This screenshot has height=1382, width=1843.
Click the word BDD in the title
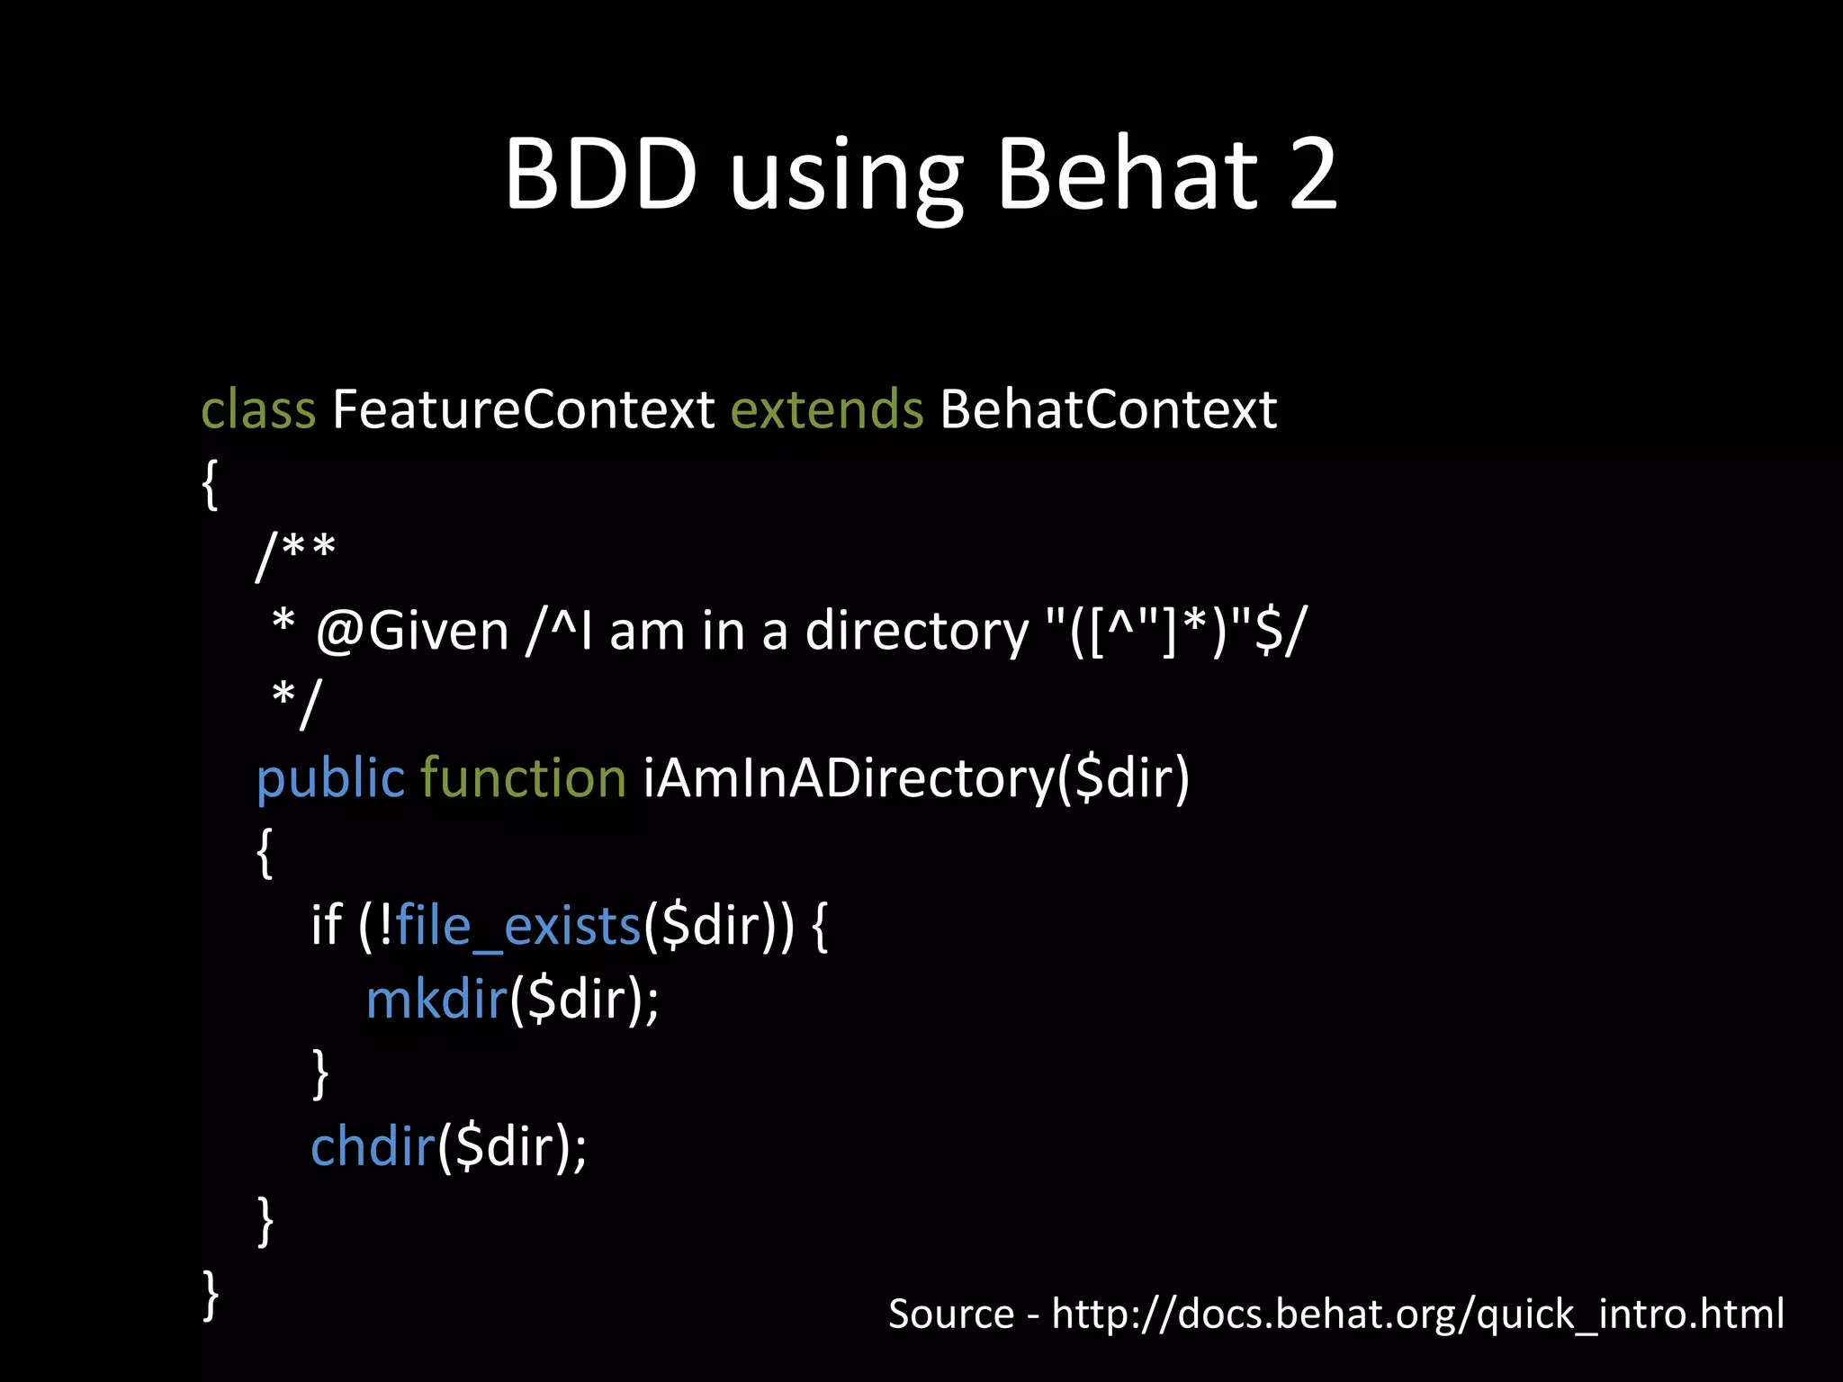pyautogui.click(x=600, y=175)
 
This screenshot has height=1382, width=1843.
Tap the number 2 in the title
pyautogui.click(x=1313, y=175)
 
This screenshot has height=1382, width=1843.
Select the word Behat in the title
pyautogui.click(x=1128, y=175)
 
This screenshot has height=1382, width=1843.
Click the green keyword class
pyautogui.click(x=258, y=410)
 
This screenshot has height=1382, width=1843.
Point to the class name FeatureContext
pyautogui.click(x=523, y=410)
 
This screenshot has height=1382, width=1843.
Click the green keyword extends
pyautogui.click(x=826, y=410)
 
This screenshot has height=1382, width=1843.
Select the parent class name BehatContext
pyautogui.click(x=1108, y=410)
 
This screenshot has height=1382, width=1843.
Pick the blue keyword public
pyautogui.click(x=330, y=778)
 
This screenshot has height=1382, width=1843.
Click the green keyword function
pyautogui.click(x=523, y=778)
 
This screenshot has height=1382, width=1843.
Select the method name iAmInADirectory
pyautogui.click(x=848, y=778)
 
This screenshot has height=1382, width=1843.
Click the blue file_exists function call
pyautogui.click(x=518, y=926)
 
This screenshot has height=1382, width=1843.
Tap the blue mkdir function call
pyautogui.click(x=437, y=1000)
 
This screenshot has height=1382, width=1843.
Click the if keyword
pyautogui.click(x=326, y=926)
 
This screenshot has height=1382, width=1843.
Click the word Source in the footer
pyautogui.click(x=951, y=1315)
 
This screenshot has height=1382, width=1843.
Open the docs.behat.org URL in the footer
pyautogui.click(x=1417, y=1315)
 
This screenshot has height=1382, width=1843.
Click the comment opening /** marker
pyautogui.click(x=296, y=556)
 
